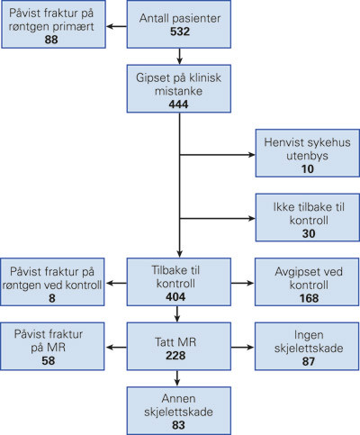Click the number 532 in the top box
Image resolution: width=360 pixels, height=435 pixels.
pos(180,34)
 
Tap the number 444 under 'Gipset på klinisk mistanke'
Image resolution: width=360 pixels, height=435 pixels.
pos(180,105)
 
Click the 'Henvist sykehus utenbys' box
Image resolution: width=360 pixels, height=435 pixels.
pos(305,155)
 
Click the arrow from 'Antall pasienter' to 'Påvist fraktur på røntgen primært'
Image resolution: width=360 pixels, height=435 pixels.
pos(116,27)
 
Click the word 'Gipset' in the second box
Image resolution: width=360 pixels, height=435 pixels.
pos(151,77)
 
